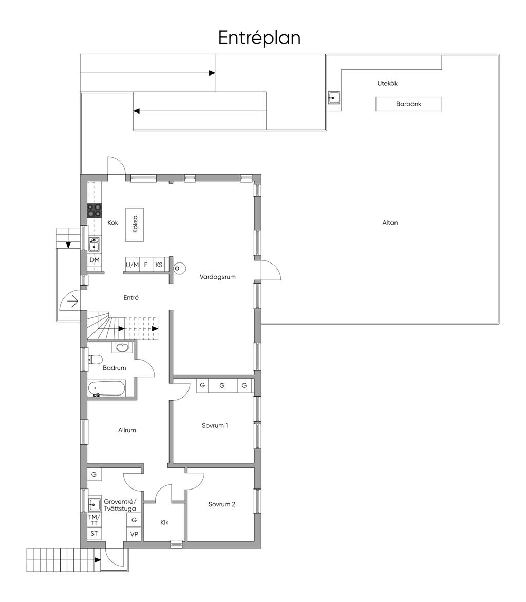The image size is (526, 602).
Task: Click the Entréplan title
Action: [x=259, y=37]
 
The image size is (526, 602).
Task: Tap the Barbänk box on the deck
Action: [x=408, y=104]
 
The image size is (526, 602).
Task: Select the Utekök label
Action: [x=387, y=83]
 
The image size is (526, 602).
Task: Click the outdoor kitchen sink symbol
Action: [x=333, y=98]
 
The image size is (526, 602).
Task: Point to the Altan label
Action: [x=390, y=223]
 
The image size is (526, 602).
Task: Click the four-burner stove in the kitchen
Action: [x=94, y=211]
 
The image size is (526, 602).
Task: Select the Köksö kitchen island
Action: [x=135, y=224]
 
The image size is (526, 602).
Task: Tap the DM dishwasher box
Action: [x=95, y=260]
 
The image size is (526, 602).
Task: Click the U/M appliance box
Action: [x=132, y=265]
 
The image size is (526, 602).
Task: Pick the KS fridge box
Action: [x=159, y=265]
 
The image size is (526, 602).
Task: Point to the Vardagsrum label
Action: [x=217, y=277]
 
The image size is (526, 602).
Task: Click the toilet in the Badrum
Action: [x=95, y=360]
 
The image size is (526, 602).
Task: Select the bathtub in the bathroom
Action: [x=106, y=388]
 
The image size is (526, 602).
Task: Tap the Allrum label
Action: [x=127, y=430]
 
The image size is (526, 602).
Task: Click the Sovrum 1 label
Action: [x=215, y=425]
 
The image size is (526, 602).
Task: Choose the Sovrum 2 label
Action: [x=221, y=504]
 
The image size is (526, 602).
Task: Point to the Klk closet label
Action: [x=164, y=522]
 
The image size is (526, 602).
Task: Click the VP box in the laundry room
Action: [x=134, y=534]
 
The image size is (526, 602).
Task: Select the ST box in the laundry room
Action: [x=94, y=533]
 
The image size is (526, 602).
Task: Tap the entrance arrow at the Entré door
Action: [x=73, y=302]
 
